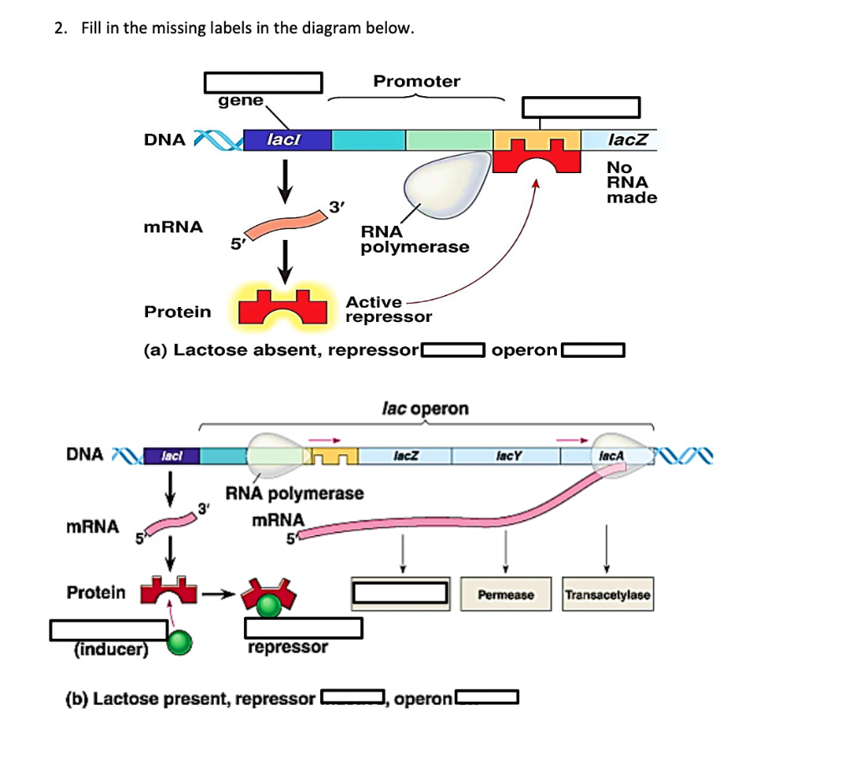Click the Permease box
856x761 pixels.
(x=506, y=595)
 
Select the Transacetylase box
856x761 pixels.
(x=607, y=595)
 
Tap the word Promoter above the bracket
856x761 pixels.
(x=416, y=81)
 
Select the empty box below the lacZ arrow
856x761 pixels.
(x=402, y=592)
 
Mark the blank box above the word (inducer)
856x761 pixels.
(x=110, y=629)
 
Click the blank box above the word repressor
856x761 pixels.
(x=303, y=627)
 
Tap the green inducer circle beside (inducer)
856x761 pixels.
(x=179, y=643)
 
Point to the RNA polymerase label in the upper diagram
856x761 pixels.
(x=415, y=239)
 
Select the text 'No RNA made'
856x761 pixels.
(x=631, y=182)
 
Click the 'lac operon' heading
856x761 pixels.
(x=425, y=409)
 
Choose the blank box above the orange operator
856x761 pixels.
(x=581, y=107)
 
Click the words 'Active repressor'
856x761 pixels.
(x=389, y=309)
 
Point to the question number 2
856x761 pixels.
(x=59, y=28)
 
